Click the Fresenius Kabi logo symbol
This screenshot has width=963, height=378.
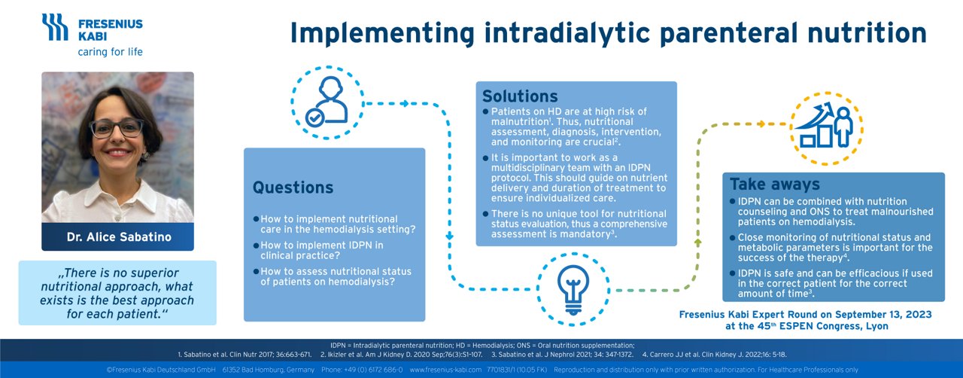[x=55, y=27]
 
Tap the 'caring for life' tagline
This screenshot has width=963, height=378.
[x=110, y=52]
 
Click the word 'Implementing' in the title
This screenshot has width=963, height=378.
[x=382, y=32]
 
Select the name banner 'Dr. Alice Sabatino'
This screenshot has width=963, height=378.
[x=118, y=236]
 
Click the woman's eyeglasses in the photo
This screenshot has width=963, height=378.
[x=117, y=128]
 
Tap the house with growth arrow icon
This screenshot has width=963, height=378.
[x=827, y=127]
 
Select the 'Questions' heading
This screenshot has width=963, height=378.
[x=293, y=187]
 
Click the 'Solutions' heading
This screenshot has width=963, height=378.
[x=520, y=96]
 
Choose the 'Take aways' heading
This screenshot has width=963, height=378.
[x=774, y=184]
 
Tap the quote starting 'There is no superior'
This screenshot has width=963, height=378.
[x=118, y=293]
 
